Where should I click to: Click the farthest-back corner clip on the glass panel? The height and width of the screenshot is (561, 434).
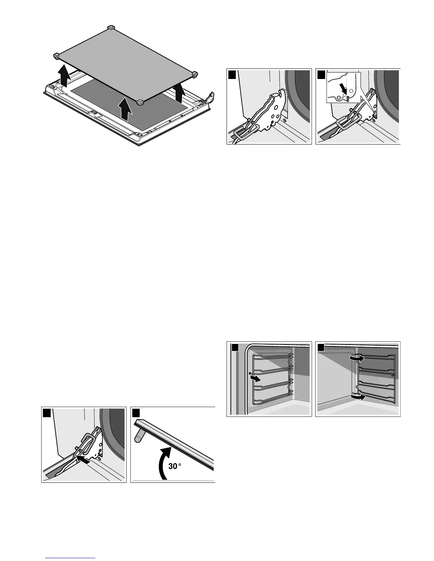[x=111, y=27]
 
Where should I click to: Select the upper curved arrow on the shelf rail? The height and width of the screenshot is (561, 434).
[x=356, y=359]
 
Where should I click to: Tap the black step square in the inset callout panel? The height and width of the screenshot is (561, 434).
[x=321, y=75]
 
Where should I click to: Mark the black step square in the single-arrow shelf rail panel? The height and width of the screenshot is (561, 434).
[x=232, y=348]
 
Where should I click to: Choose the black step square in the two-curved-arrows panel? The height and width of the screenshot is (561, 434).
[x=321, y=348]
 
